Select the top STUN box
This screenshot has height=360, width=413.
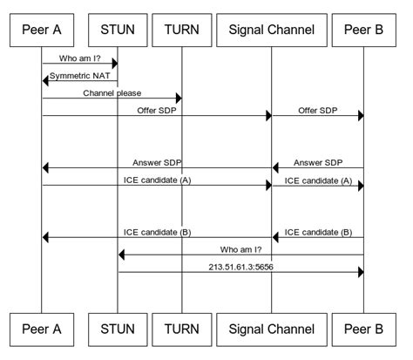(x=118, y=29)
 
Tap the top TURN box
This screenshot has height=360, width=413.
(x=181, y=29)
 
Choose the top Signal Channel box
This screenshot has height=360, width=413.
(x=271, y=29)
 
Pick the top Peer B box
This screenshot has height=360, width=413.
(x=362, y=29)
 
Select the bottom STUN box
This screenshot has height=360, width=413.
(x=118, y=329)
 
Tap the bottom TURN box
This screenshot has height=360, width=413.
(x=181, y=329)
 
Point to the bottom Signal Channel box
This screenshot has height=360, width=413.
(x=271, y=329)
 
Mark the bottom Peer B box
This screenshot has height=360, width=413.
(x=362, y=329)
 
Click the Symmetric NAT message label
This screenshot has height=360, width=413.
(x=81, y=76)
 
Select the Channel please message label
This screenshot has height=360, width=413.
(x=112, y=92)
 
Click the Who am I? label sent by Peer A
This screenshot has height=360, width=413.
(x=80, y=58)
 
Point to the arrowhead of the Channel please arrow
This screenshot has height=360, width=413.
(x=178, y=98)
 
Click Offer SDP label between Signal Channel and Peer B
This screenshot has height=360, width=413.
(x=318, y=110)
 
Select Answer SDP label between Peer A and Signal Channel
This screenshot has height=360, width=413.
(x=157, y=162)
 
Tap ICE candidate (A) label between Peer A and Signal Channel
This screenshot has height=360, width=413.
(x=157, y=180)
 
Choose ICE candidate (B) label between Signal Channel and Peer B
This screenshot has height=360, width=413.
(x=318, y=232)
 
